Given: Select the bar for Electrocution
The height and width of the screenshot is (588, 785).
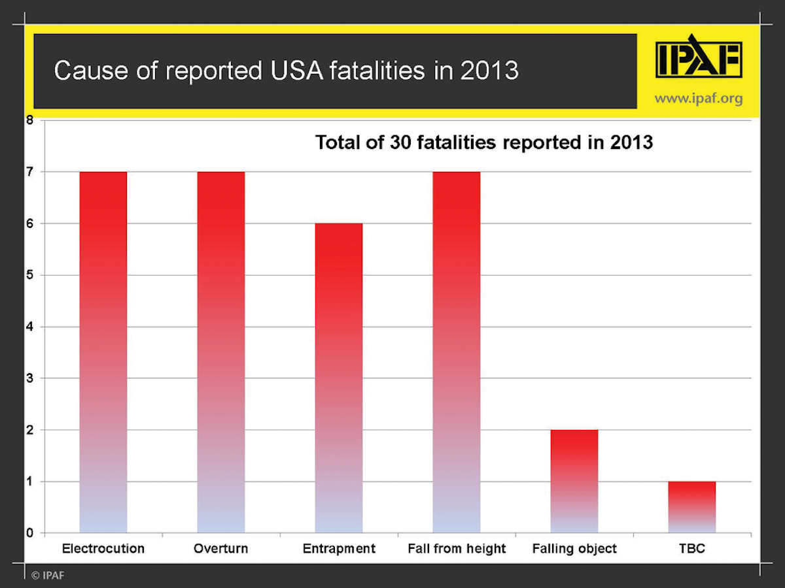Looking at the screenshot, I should coord(103,353).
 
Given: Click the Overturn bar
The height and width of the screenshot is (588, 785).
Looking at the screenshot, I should coord(221,353).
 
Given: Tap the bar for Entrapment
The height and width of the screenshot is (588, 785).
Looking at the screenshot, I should coord(339,379).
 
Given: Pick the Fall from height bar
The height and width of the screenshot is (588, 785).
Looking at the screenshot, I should coord(457,353).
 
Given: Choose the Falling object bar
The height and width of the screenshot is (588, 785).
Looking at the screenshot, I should coord(574,482).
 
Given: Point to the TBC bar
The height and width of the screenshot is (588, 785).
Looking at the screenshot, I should coord(692,507).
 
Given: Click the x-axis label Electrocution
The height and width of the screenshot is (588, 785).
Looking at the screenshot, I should coord(103,549).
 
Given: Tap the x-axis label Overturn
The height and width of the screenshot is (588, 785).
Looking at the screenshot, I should coord(221,549).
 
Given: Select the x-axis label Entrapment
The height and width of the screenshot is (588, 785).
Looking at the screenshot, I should coord(339,549).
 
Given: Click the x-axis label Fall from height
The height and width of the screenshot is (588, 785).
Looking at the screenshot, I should coord(457,549).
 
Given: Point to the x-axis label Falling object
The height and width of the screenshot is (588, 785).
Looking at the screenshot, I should coord(574,549).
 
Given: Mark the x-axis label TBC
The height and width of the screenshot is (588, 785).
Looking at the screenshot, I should coord(692,549).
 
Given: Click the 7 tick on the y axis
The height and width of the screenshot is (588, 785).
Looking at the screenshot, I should coord(29,172).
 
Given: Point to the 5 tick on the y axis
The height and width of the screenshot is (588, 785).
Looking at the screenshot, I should coord(29,275).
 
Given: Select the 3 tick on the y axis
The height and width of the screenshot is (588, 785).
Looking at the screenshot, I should coord(29,378).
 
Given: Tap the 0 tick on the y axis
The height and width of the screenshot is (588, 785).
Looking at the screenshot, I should coord(29,533).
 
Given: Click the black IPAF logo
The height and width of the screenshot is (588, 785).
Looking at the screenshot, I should coord(699,59).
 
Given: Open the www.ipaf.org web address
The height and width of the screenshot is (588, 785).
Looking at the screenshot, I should coord(699,99).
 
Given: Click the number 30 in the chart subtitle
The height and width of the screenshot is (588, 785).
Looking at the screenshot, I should coord(400,142).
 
